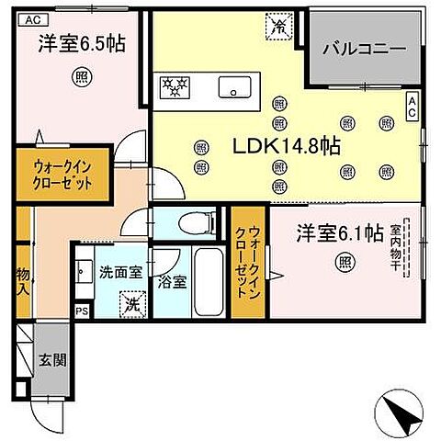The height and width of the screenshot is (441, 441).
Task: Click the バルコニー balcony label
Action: point(361,48)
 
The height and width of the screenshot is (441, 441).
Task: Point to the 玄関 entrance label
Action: point(50,357)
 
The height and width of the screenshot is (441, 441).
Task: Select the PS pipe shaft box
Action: point(81,310)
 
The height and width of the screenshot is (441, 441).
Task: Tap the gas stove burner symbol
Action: point(174,88)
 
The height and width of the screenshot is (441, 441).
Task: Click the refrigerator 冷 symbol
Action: point(276,28)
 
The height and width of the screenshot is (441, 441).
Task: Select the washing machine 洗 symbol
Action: point(130,301)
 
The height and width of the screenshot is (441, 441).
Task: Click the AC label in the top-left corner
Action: point(31,18)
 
